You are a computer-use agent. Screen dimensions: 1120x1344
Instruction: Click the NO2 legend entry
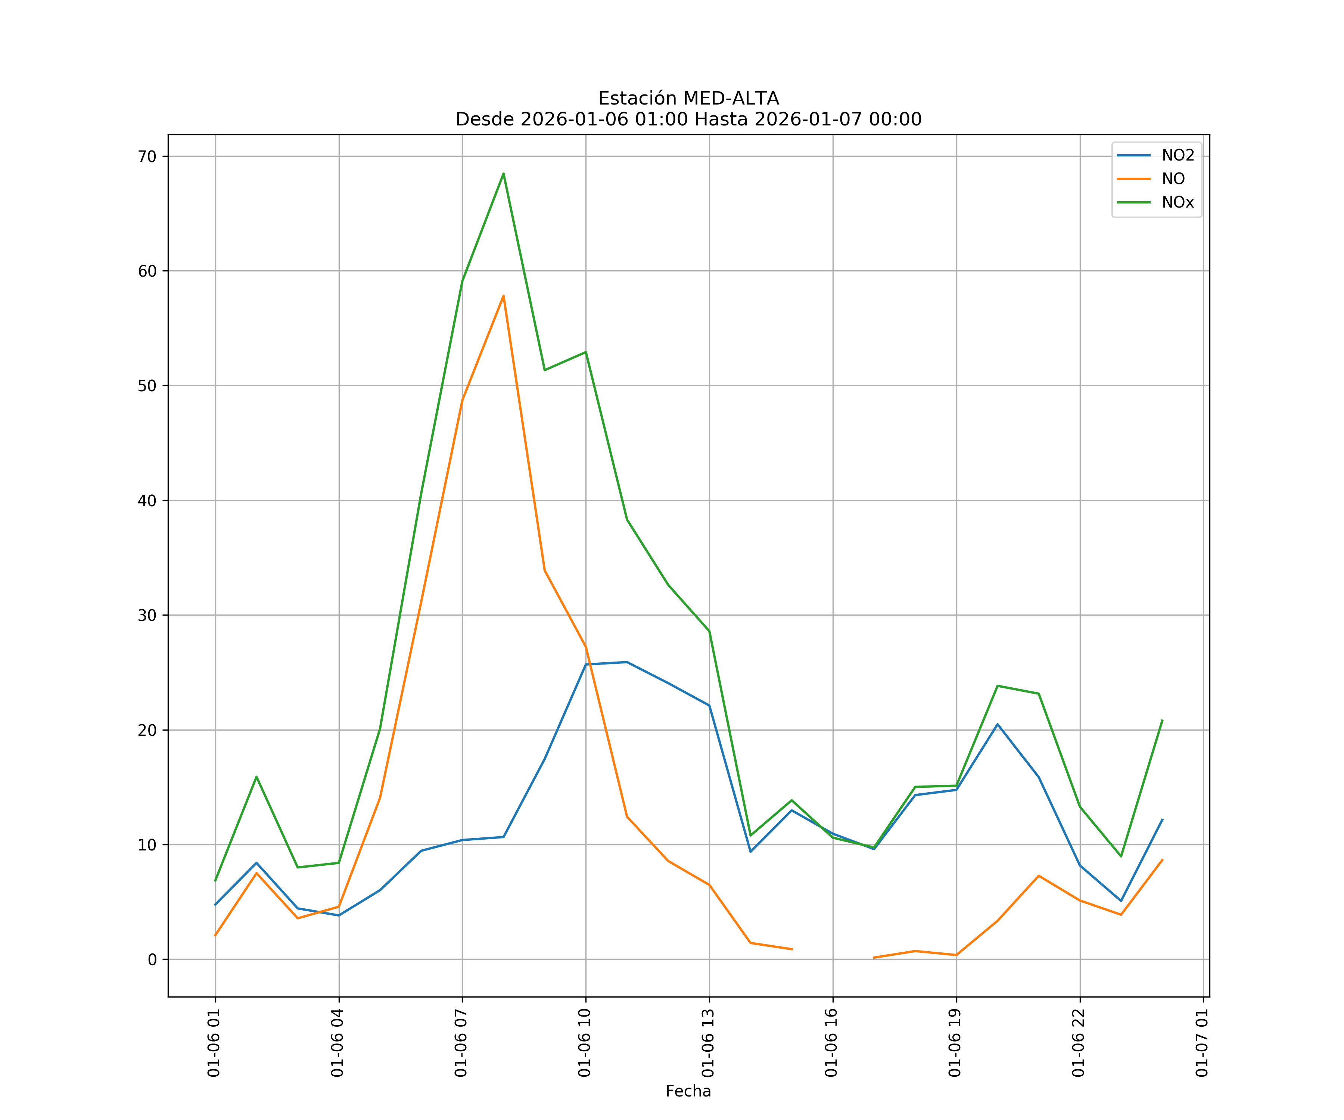(1177, 156)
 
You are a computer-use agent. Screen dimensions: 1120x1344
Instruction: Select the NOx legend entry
(1177, 203)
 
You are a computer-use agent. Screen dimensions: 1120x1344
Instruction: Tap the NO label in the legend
(1173, 179)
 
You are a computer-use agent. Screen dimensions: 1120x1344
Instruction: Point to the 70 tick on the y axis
(147, 156)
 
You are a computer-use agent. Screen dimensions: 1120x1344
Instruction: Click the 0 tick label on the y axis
(152, 959)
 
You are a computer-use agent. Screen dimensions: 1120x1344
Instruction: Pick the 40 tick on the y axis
(147, 501)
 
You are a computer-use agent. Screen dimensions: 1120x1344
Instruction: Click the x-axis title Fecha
(688, 1091)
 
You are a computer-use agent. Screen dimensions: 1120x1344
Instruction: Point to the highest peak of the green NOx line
(503, 174)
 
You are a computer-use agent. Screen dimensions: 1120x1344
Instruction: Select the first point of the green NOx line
(215, 881)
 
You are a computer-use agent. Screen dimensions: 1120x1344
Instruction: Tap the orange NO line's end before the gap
(792, 949)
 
